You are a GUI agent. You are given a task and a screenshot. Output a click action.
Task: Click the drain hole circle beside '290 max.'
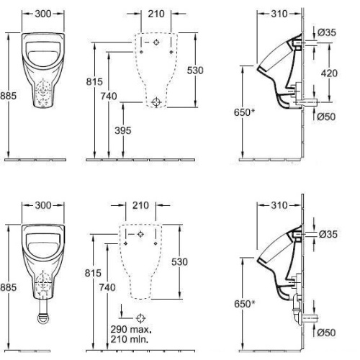coord(140,318)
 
